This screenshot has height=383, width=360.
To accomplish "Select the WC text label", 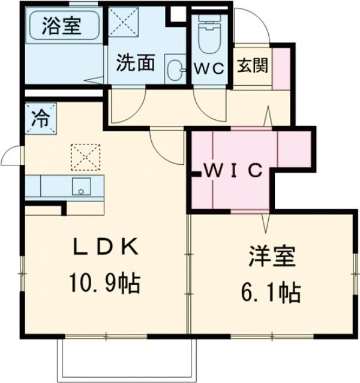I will pos(209,68).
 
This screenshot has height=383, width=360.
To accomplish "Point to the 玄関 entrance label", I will pos(252,65).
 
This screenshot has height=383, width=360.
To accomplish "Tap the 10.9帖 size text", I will pos(106,282).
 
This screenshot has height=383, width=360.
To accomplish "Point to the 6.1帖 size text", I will pos(271,292).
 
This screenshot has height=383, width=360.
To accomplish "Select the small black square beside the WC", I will pos(178,14).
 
